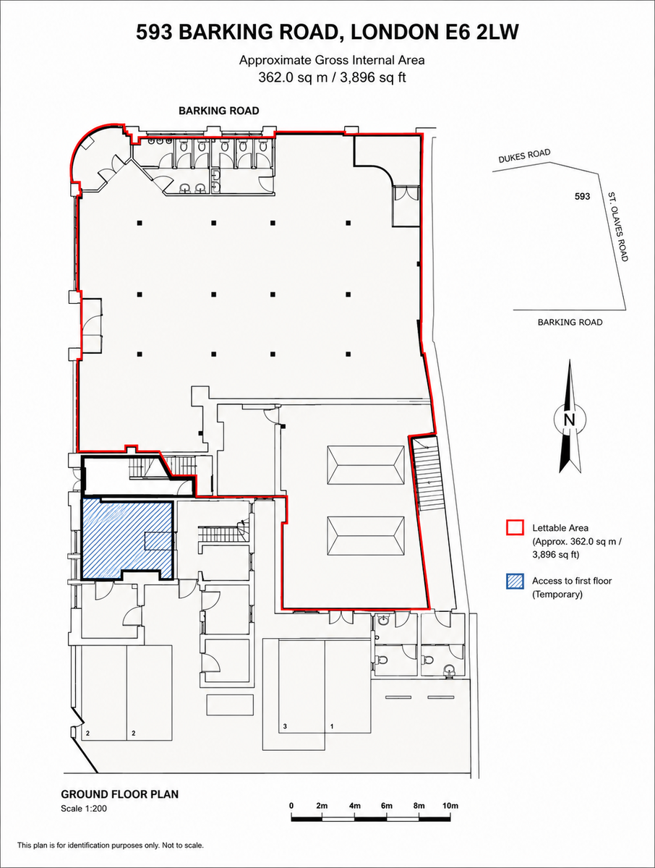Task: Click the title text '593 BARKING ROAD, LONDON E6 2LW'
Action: coord(327,33)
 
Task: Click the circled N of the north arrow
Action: coord(570,420)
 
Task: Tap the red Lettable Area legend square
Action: coord(515,527)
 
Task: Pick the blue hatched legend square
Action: coord(515,582)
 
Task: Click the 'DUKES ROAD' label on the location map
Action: coord(524,156)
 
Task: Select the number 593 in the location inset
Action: coord(582,196)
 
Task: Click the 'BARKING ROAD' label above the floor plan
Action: coord(219,111)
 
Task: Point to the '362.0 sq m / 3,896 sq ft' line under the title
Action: coord(333,77)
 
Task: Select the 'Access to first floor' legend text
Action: coord(572,581)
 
